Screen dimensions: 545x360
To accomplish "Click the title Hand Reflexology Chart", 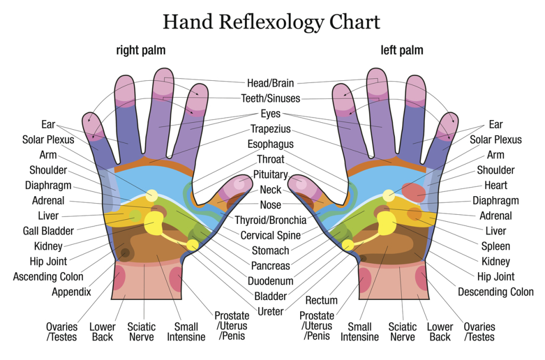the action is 271,22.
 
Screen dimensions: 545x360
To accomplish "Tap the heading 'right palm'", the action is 141,51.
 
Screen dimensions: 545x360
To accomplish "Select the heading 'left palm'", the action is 402,51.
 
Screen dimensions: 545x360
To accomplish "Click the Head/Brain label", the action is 270,83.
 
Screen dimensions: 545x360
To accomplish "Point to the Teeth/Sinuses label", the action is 270,98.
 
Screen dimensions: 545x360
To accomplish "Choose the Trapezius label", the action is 270,129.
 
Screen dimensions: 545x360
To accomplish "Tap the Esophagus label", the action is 270,145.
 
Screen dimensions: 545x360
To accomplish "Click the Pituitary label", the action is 270,174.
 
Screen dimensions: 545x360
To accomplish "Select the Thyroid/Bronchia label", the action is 270,220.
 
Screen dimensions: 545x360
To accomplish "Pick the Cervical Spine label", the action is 270,236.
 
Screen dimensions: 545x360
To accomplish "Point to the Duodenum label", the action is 270,281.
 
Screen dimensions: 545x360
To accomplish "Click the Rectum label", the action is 321,300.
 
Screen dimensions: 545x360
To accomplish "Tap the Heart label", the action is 496,186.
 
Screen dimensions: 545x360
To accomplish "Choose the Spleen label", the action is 496,247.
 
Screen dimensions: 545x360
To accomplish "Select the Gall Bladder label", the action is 48,231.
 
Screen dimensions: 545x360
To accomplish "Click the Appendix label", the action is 71,292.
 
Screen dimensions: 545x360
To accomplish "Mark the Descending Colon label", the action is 496,292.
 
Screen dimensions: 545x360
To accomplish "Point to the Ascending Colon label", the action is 48,277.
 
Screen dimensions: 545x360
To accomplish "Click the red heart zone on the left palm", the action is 414,192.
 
